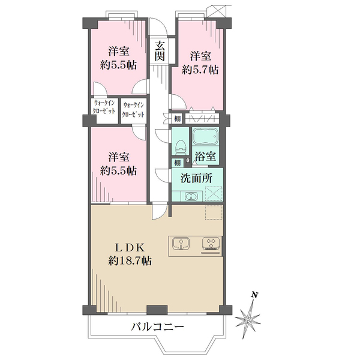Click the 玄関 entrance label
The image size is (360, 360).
[x=160, y=50]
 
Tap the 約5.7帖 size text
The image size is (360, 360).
[x=200, y=69]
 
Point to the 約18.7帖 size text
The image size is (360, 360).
[x=130, y=261]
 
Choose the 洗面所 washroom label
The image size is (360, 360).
[x=197, y=178]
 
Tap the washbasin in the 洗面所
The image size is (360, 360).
[x=191, y=196]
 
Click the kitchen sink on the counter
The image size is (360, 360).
[x=182, y=243]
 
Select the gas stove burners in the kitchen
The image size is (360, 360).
[x=211, y=243]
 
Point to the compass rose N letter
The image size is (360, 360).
[x=254, y=295]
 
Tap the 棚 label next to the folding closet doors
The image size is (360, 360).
[x=178, y=119]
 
